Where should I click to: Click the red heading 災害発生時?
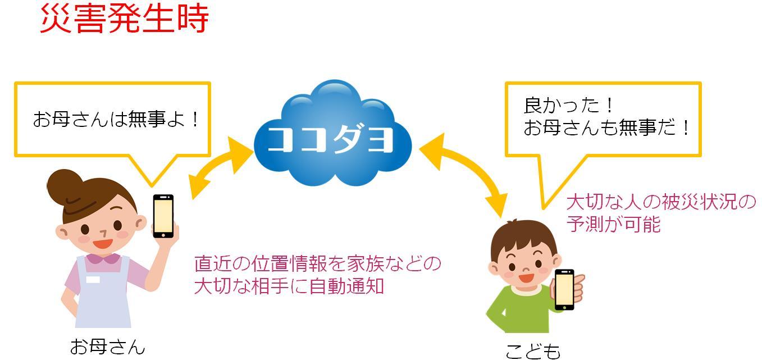[x=124, y=19]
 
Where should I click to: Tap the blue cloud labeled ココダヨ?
[x=332, y=133]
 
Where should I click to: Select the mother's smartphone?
[x=163, y=216]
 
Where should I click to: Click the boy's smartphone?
[x=564, y=290]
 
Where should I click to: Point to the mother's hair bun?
[x=65, y=185]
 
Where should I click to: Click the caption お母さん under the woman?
[x=107, y=347]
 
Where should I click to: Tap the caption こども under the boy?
[x=533, y=351]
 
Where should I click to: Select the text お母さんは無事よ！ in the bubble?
[x=116, y=119]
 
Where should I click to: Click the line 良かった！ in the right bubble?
[x=568, y=105]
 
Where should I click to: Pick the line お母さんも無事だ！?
[x=606, y=127]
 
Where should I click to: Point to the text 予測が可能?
[x=613, y=224]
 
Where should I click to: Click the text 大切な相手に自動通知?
[x=289, y=286]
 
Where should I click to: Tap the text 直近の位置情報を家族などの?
[x=317, y=264]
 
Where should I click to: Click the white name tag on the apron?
[x=93, y=280]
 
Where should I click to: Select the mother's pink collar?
[x=103, y=259]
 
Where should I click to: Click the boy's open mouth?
[x=526, y=277]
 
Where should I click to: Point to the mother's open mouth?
[x=102, y=243]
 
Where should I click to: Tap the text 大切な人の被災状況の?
[x=661, y=202]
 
